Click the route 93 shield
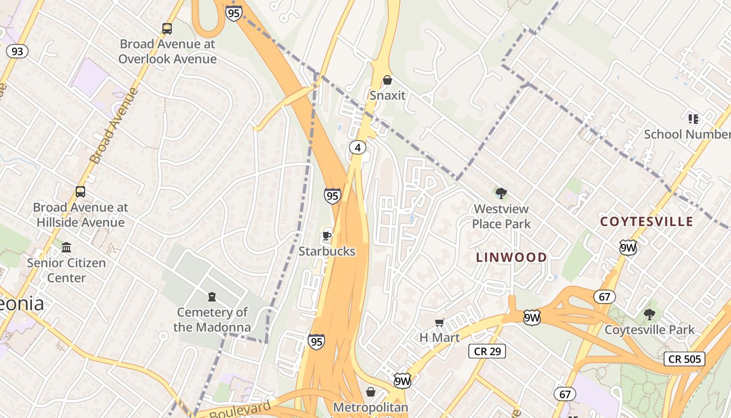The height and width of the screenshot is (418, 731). point(17,51)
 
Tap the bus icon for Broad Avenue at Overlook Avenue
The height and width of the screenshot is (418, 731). point(167,29)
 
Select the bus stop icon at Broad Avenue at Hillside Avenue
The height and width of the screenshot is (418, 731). point(80,192)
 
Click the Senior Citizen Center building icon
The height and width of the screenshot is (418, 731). point(66,247)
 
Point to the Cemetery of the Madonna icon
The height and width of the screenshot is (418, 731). point(211,297)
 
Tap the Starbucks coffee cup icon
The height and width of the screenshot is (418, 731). point(327,236)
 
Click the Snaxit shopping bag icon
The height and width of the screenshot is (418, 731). point(387,80)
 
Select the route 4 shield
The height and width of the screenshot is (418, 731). point(357,148)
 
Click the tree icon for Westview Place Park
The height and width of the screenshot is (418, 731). point(501,193)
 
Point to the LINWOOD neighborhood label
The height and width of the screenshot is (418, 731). point(511,257)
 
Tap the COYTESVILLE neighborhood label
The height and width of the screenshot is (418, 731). point(646,222)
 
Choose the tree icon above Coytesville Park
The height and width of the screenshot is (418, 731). point(650,315)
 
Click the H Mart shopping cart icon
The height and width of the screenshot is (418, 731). point(440,322)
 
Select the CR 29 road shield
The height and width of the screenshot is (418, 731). point(487,351)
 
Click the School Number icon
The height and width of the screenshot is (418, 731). point(693,119)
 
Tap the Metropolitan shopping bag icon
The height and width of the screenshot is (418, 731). point(371,391)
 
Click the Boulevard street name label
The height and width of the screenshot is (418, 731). point(240,409)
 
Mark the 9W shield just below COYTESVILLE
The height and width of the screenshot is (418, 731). point(628,248)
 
